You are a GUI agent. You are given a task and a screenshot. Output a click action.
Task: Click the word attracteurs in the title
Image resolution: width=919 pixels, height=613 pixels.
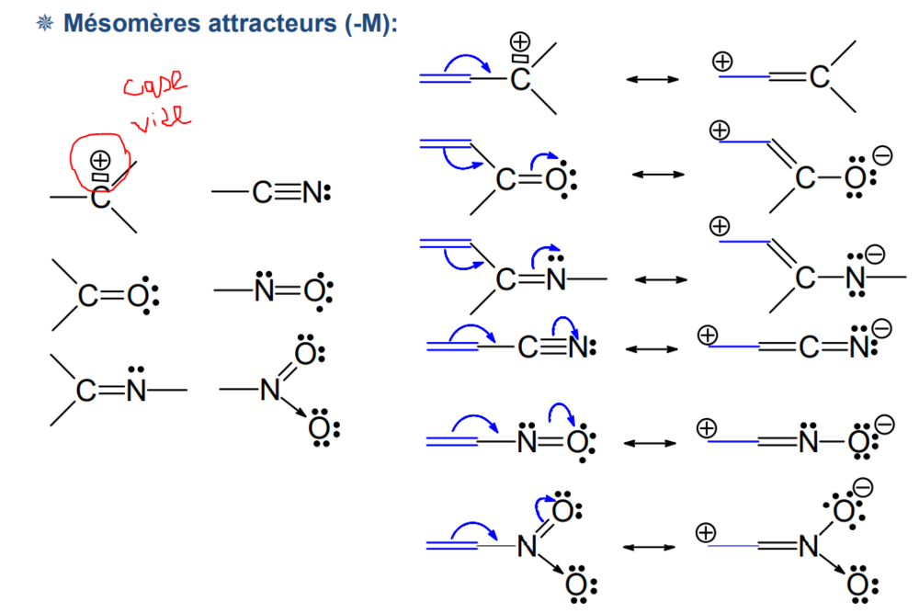pyautogui.click(x=267, y=23)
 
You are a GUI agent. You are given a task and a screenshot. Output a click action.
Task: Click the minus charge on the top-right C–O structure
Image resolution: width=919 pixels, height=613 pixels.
pyautogui.click(x=882, y=158)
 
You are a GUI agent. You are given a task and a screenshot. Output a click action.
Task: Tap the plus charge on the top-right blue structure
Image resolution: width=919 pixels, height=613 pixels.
pyautogui.click(x=722, y=62)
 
